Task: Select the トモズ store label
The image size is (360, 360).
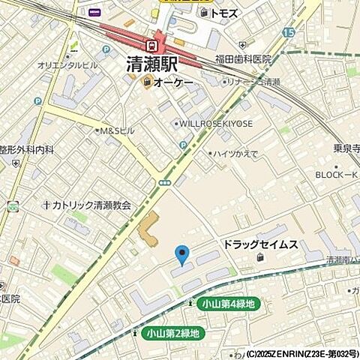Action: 223,13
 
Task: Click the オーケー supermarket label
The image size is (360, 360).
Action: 173,83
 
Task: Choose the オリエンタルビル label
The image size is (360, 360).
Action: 67,65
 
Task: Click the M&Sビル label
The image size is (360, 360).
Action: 118,130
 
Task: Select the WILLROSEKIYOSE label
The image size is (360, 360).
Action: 214,123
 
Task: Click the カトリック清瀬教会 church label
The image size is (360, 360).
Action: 89,204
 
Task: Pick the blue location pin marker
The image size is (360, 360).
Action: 181,255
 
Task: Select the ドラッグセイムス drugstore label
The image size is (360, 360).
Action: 259,245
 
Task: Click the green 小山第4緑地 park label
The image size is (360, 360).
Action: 228,304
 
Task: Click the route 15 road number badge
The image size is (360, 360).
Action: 289,32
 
